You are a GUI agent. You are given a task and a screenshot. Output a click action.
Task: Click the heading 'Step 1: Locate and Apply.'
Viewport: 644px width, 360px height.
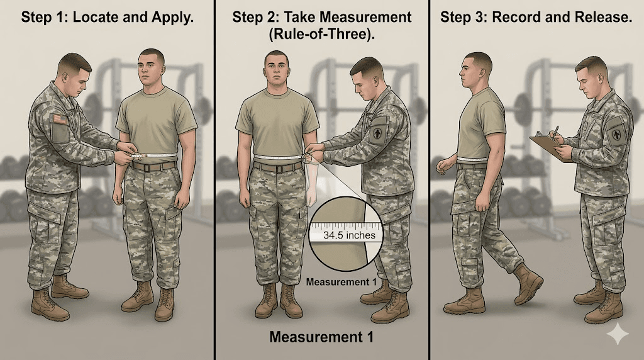tap(107, 17)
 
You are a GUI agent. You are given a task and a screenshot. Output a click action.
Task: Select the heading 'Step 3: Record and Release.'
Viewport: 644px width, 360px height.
tap(536, 17)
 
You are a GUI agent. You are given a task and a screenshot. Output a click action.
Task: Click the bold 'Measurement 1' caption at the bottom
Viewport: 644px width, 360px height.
tap(321, 337)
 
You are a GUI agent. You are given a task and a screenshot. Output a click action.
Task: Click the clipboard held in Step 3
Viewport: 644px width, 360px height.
tap(549, 147)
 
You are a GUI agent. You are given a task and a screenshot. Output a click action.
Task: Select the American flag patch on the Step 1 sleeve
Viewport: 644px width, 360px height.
tap(58, 119)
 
